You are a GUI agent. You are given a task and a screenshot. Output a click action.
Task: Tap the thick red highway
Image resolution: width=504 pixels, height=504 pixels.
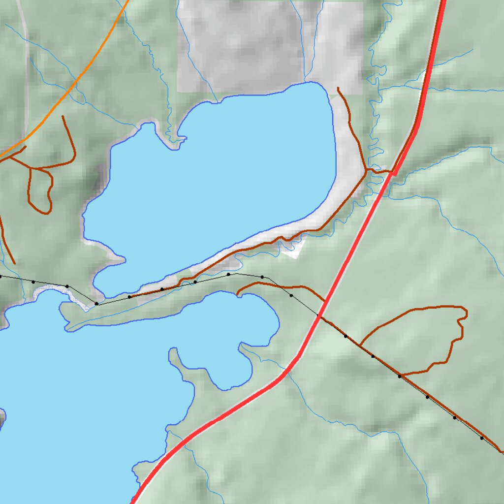coord(345,266)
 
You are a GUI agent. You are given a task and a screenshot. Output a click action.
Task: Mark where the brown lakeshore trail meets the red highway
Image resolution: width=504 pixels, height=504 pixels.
coord(392,172)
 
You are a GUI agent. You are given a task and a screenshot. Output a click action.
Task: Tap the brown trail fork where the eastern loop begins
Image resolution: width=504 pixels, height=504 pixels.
coord(360,345)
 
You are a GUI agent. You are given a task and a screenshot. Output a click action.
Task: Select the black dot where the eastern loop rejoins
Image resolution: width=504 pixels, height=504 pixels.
coord(400,377)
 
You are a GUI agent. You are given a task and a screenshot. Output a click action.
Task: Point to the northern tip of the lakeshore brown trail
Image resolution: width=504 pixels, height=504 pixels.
coord(338,88)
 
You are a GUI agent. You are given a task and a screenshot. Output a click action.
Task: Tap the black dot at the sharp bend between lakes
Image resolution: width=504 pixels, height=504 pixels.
coord(96,304)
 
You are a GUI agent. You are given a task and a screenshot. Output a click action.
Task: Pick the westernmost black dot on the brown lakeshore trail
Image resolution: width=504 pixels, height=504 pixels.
coord(129,297)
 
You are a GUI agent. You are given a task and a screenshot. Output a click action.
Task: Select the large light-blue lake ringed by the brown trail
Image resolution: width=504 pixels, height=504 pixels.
coord(221,182)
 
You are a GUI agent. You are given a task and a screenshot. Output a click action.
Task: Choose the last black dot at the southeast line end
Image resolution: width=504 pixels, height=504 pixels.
coord(481,438)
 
